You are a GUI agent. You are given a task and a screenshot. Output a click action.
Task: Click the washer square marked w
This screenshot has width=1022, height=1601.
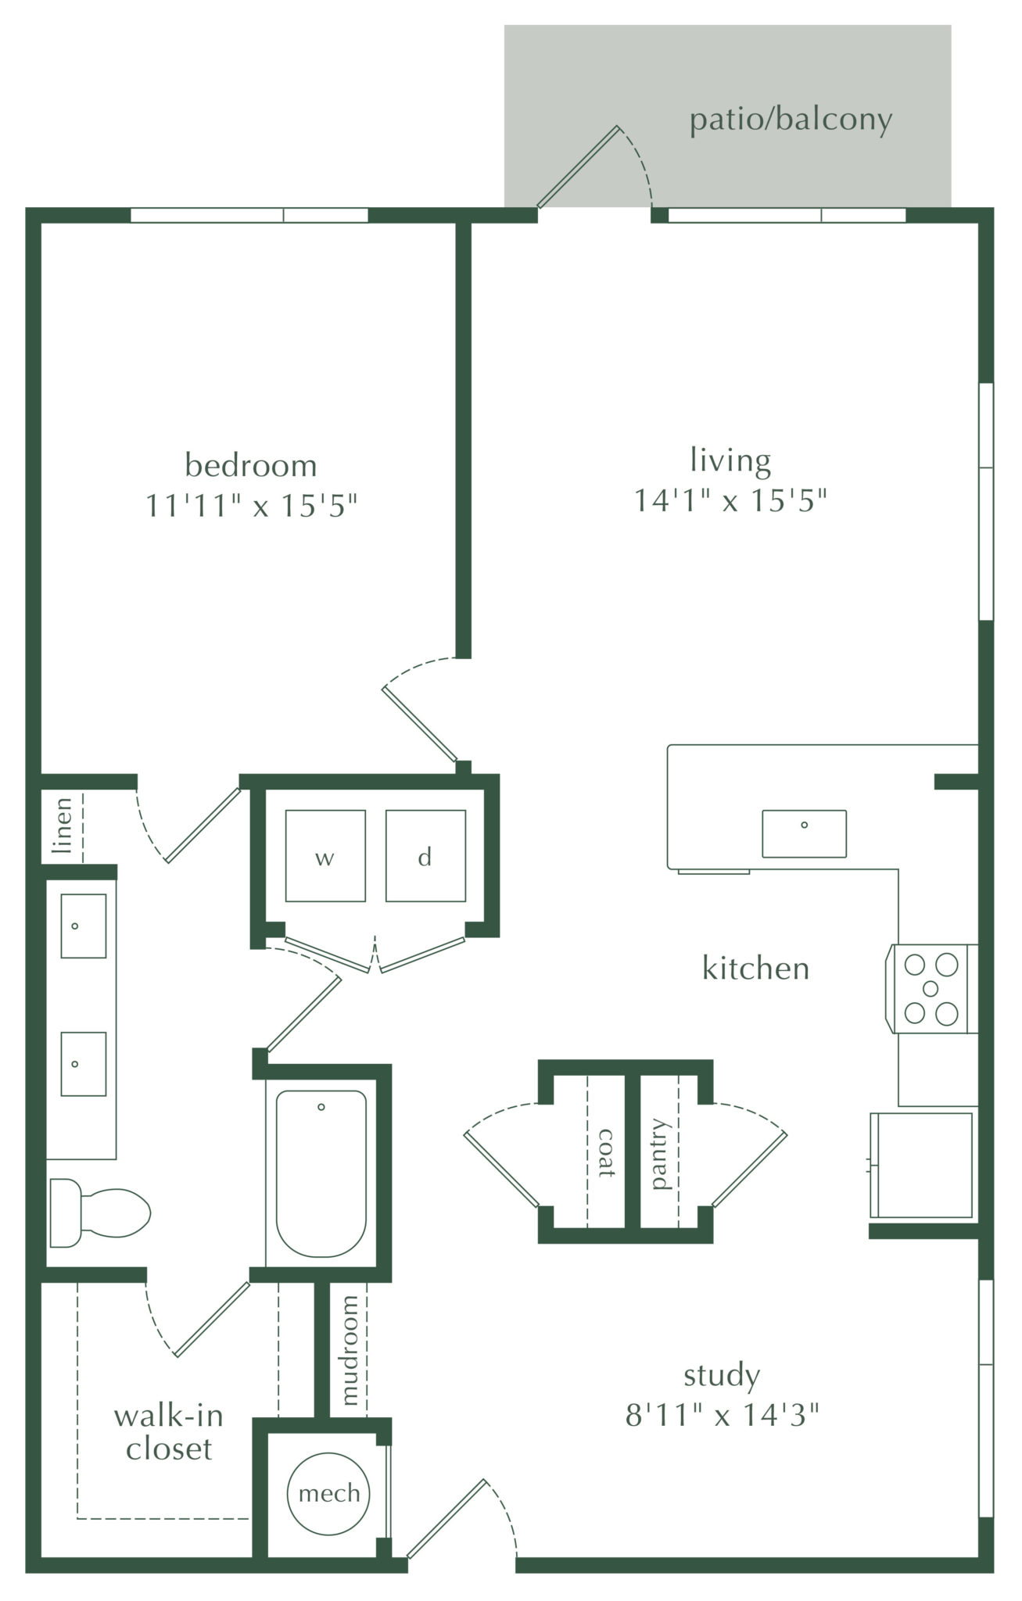pyautogui.click(x=325, y=856)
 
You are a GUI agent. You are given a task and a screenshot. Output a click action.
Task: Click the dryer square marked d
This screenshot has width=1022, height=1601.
pyautogui.click(x=425, y=856)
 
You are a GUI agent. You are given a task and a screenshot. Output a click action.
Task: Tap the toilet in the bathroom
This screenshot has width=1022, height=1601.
pyautogui.click(x=100, y=1213)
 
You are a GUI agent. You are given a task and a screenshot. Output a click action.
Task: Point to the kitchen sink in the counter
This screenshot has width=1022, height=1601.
pyautogui.click(x=804, y=833)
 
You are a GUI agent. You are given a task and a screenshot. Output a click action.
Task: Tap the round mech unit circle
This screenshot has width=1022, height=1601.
pyautogui.click(x=329, y=1493)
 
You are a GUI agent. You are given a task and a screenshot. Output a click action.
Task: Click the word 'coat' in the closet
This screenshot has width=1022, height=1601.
pyautogui.click(x=605, y=1152)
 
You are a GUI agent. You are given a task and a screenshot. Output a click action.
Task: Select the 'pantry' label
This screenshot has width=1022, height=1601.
pyautogui.click(x=661, y=1154)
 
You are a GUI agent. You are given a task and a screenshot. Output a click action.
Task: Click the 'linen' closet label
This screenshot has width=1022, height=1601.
pyautogui.click(x=63, y=824)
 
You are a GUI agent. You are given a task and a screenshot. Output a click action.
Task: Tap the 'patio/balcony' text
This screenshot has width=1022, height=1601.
pyautogui.click(x=791, y=120)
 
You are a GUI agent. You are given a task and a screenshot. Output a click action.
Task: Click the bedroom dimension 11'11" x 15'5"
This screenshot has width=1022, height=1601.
pyautogui.click(x=251, y=506)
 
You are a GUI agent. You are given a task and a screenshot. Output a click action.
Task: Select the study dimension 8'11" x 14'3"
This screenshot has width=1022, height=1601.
pyautogui.click(x=721, y=1414)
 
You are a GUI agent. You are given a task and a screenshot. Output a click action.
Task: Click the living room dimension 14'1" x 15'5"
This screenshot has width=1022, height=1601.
pyautogui.click(x=730, y=500)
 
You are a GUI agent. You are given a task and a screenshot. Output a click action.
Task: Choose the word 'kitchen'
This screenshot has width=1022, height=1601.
pyautogui.click(x=755, y=969)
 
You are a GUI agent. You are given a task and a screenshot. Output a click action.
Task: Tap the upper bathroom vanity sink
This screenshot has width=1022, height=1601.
pyautogui.click(x=83, y=926)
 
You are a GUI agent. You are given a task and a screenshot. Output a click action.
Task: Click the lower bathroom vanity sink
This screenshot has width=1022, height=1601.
pyautogui.click(x=83, y=1063)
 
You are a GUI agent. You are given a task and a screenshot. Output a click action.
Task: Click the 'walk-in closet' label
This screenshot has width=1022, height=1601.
pyautogui.click(x=168, y=1432)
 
